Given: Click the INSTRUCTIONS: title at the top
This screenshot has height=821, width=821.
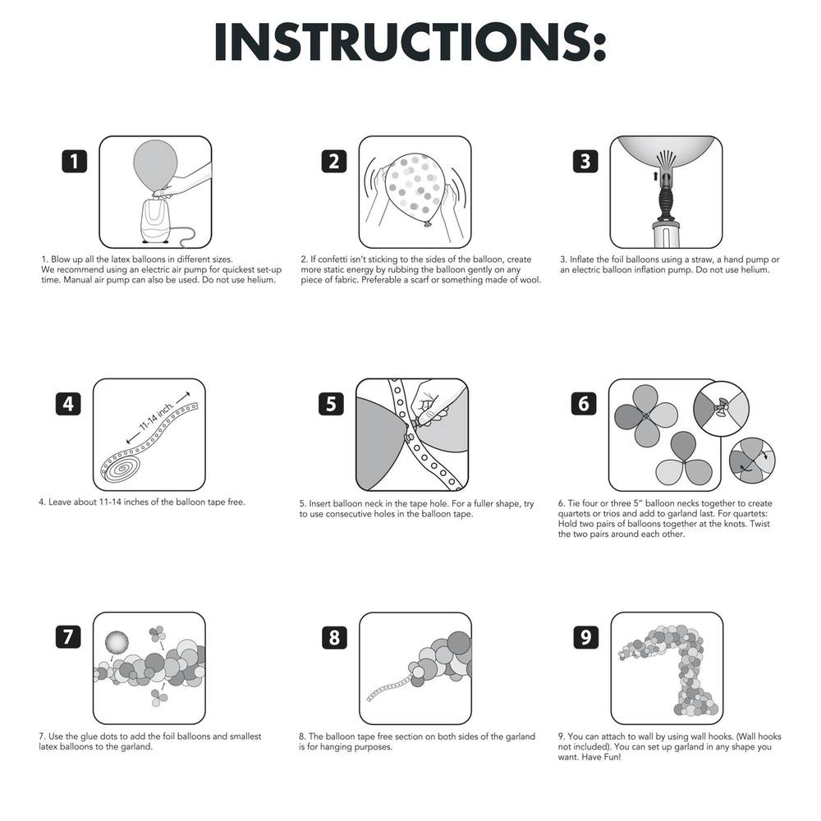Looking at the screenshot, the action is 410,43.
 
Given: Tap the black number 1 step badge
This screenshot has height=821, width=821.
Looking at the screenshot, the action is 75,161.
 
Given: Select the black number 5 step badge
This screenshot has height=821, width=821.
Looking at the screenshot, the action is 331,404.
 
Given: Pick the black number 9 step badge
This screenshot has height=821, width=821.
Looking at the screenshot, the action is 585,637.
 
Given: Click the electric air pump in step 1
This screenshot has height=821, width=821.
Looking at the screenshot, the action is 157,220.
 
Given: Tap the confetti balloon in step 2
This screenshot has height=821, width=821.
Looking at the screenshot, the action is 414,190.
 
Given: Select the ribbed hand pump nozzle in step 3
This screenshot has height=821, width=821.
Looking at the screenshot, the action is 666,199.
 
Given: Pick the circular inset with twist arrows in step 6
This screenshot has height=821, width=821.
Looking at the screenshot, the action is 752,461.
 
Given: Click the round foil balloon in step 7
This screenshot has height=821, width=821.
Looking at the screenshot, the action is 117,642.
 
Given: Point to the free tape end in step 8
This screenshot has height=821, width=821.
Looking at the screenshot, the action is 388,690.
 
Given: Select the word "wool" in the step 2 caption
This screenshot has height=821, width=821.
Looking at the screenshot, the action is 530,280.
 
